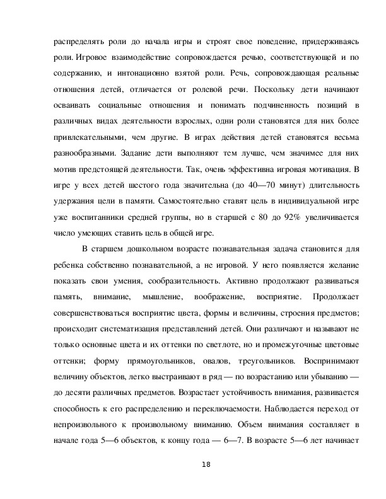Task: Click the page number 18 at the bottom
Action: [206, 464]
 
